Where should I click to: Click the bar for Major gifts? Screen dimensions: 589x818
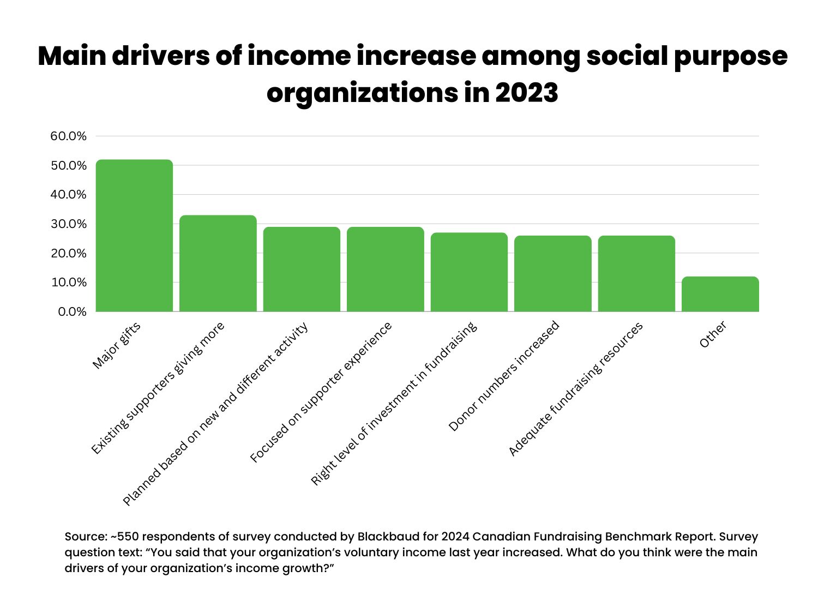point(134,236)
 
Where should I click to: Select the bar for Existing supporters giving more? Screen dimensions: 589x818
point(218,263)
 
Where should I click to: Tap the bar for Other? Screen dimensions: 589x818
point(720,294)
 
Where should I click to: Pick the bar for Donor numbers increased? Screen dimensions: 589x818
point(553,274)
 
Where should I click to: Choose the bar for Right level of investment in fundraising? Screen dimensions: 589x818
point(469,272)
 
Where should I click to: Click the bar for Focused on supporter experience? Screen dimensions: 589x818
point(386,269)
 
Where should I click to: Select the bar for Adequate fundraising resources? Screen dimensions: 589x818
point(636,274)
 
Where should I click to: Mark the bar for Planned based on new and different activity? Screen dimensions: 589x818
point(302,269)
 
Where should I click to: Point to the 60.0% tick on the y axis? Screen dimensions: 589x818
point(69,136)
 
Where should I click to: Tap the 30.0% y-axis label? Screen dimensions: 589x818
point(69,224)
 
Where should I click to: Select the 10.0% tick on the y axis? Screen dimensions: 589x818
point(69,283)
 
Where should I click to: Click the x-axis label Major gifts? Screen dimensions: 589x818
point(117,346)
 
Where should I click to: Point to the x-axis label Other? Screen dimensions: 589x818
point(713,335)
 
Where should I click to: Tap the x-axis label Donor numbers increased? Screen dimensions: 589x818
point(504,376)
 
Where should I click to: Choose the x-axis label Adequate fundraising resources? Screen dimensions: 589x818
point(575,389)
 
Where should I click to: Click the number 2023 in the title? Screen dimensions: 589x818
point(526,93)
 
